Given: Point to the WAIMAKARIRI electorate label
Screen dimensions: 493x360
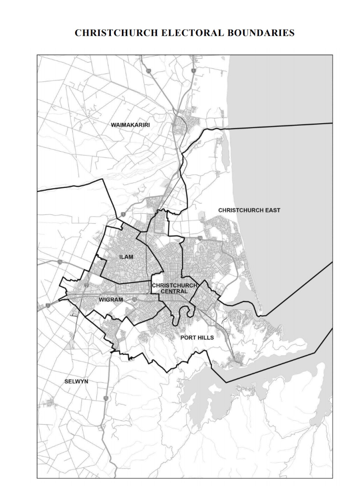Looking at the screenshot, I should point(131,125).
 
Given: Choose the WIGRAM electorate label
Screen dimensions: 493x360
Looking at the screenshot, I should point(111,299).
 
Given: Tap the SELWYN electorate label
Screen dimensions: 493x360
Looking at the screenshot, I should point(76,381).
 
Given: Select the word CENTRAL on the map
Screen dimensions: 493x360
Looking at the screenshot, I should point(174,291).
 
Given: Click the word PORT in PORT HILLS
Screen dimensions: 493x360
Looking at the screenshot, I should point(187,337).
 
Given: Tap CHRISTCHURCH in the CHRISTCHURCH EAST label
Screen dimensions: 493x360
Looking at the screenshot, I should point(240,210).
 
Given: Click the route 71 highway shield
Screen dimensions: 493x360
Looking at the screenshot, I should point(149,71).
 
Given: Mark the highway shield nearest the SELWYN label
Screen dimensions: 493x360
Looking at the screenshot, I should point(105,398).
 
